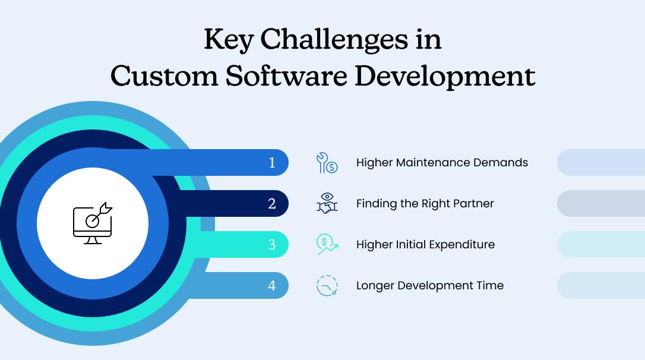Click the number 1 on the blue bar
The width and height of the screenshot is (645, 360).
coord(272,163)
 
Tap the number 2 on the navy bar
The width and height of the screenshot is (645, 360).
coord(272,204)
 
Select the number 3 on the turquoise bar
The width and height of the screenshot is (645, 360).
coord(272,245)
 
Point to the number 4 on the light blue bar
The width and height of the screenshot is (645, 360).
coord(272,286)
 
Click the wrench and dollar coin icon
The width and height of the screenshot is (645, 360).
coord(327,163)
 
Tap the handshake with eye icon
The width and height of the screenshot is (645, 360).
coord(327,203)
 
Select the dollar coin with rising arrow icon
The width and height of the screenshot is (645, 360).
coord(327,244)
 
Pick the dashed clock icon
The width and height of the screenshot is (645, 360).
coord(327,285)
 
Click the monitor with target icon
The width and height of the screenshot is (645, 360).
coord(93,223)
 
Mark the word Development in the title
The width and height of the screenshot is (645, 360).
coord(445,76)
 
